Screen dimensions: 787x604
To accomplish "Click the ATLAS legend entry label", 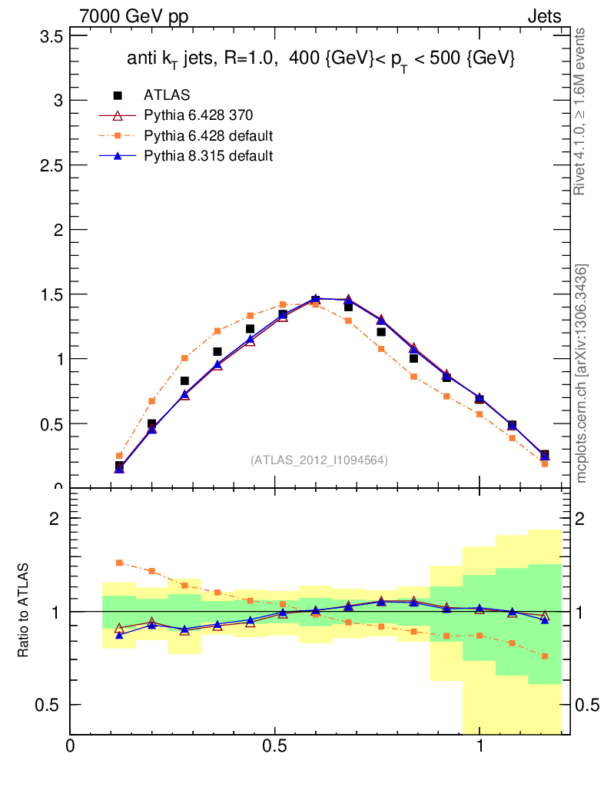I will click(x=167, y=95).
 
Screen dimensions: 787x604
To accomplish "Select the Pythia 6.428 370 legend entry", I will click(x=198, y=116).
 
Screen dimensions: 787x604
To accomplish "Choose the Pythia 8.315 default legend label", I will click(x=208, y=156).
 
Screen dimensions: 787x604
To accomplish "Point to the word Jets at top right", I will click(x=543, y=17).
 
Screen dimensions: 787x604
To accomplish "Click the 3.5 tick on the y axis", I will click(x=51, y=35).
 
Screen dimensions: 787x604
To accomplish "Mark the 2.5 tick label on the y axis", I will click(x=51, y=165).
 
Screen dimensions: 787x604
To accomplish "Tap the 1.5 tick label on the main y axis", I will click(x=51, y=294).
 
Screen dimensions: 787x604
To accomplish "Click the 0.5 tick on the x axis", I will click(x=274, y=746).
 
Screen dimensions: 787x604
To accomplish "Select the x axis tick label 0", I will click(x=71, y=746).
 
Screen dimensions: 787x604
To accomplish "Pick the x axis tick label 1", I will click(x=480, y=746).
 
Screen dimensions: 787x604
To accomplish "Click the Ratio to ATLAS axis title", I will click(x=24, y=612).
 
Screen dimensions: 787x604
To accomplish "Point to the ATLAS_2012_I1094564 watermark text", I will click(x=319, y=460).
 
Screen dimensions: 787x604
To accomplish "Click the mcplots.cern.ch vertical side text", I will click(x=582, y=374).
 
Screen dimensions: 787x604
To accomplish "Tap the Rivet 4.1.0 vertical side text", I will click(x=582, y=111).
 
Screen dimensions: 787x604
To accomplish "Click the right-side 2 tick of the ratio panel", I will click(x=583, y=519).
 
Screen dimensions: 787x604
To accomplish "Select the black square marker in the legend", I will click(x=118, y=95).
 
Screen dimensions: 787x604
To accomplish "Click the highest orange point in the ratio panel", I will click(x=119, y=563).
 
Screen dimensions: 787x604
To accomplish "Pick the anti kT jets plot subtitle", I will click(x=320, y=60).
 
